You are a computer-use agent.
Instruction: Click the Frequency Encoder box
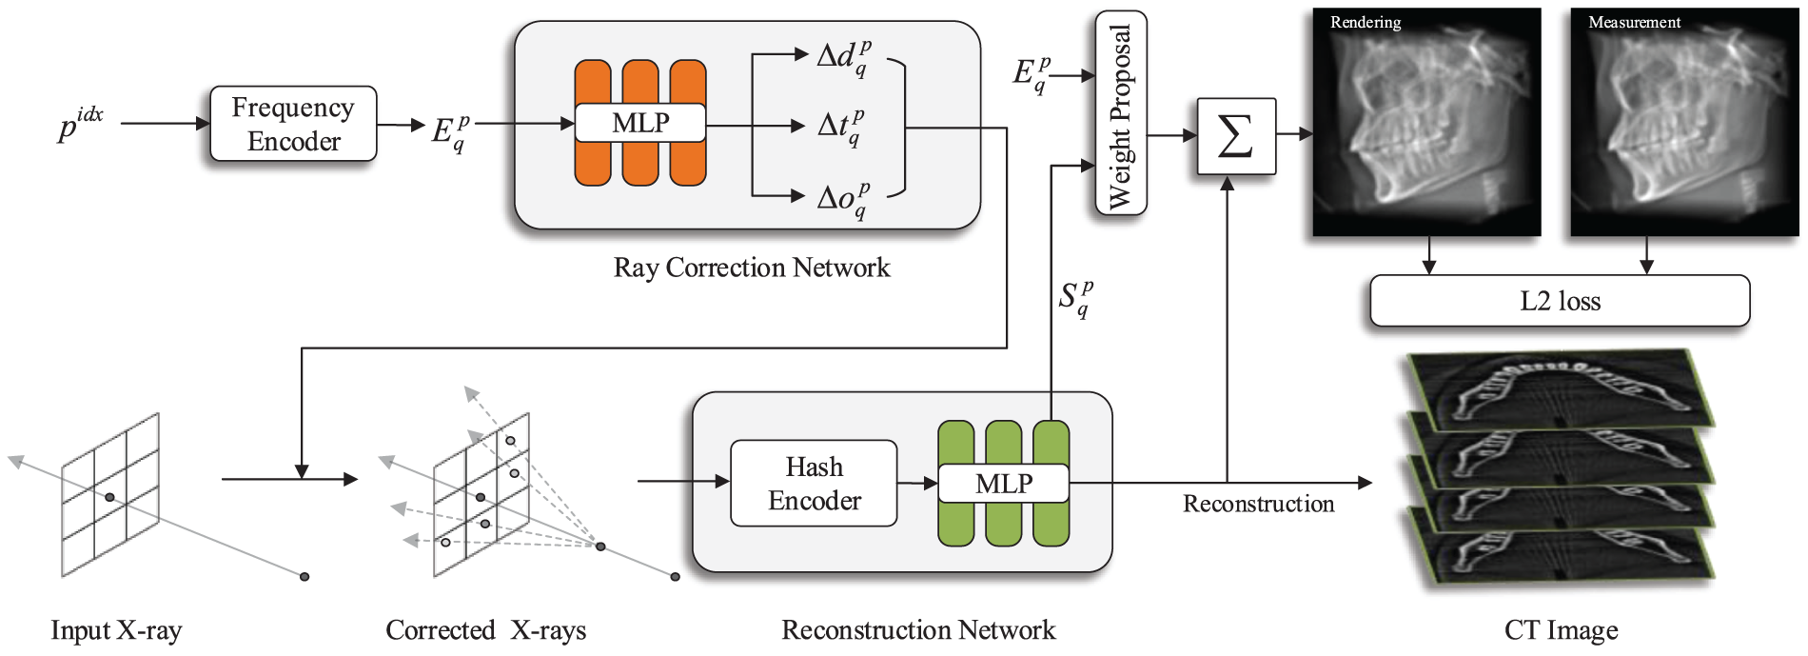tap(293, 124)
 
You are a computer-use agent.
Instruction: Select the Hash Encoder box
tap(814, 483)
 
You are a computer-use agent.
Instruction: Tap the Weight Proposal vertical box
tap(1121, 113)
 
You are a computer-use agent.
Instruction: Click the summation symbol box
tap(1235, 136)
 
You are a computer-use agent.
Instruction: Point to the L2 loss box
tap(1560, 301)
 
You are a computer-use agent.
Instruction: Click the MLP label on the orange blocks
tap(640, 123)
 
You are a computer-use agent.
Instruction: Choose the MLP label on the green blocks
tap(1004, 484)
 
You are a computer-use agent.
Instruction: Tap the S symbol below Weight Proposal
tap(1075, 298)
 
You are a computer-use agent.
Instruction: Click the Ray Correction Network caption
tap(752, 268)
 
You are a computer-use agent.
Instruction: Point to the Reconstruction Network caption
tap(918, 630)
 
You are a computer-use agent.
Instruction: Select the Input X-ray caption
tap(116, 630)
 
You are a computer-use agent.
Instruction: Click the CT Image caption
tap(1561, 630)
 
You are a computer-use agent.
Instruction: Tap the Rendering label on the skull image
tap(1365, 22)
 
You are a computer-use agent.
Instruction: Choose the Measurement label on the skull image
tap(1634, 22)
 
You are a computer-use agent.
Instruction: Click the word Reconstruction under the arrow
tap(1258, 504)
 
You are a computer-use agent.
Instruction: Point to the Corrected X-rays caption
tap(485, 630)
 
